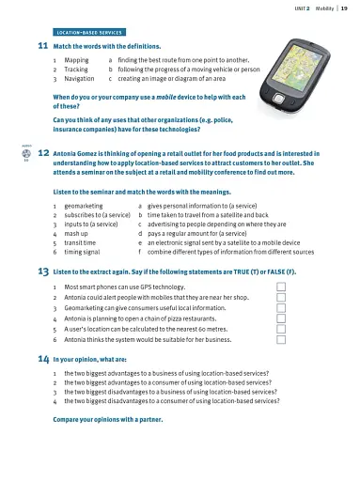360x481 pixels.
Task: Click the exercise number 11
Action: [42, 45]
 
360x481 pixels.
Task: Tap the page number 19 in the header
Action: [345, 8]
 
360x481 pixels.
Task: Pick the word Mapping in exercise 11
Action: [76, 59]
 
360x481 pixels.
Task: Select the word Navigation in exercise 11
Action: [80, 77]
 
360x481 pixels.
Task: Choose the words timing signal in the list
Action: [84, 252]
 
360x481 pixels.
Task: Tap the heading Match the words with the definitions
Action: [106, 45]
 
